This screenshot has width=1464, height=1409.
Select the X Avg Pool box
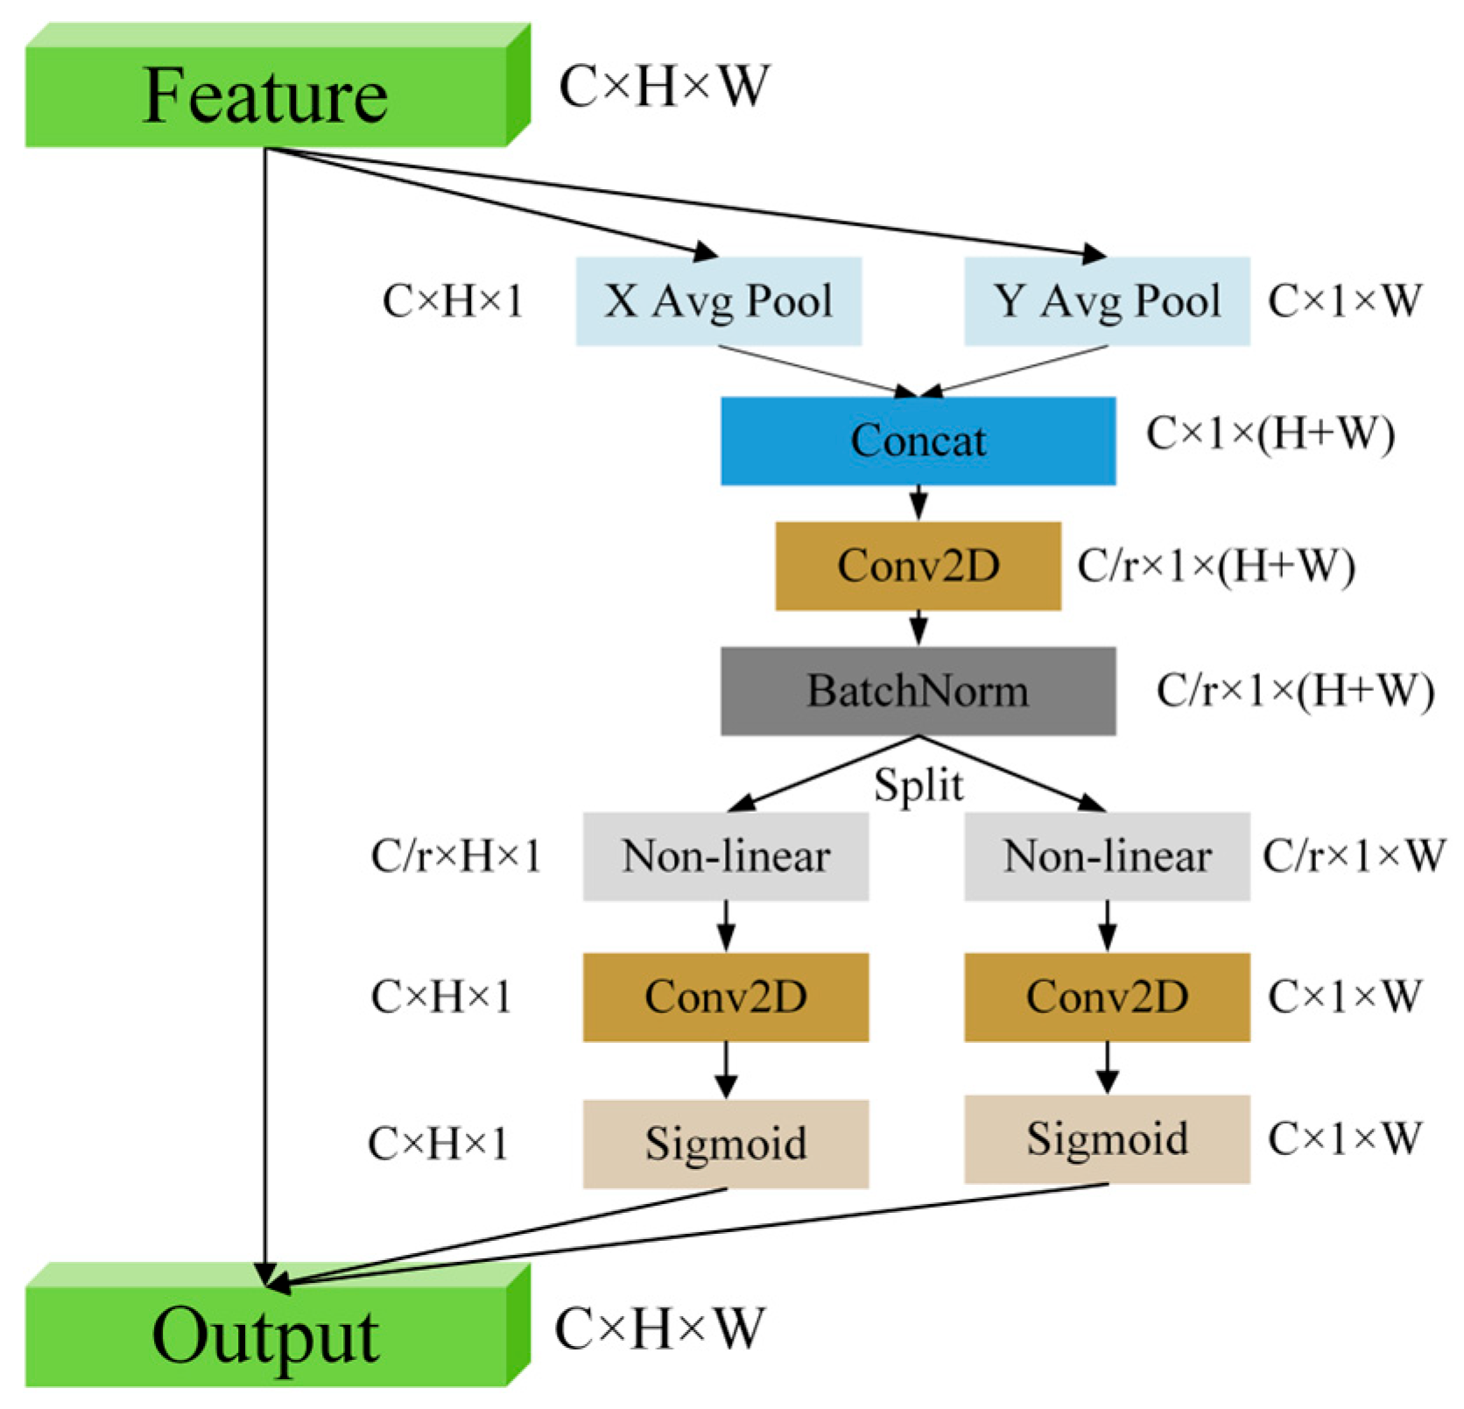click(x=718, y=301)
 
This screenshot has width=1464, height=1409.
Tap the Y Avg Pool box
click(x=1107, y=301)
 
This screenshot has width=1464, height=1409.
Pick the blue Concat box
click(x=918, y=440)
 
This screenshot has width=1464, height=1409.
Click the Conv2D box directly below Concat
click(x=918, y=566)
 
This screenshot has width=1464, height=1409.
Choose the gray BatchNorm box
click(x=918, y=691)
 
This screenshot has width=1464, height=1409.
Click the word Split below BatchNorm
click(x=919, y=785)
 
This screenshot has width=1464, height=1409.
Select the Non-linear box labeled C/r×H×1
click(x=726, y=856)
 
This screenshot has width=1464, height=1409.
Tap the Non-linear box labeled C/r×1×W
click(x=1107, y=856)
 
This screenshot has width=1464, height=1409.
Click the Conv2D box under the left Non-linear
click(x=726, y=997)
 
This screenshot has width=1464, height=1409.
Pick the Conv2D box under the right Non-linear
click(x=1107, y=997)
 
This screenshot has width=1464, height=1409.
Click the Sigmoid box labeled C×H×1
click(x=726, y=1144)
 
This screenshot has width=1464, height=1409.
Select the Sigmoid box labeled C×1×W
click(x=1107, y=1139)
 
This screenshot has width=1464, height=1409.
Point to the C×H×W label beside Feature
click(x=665, y=87)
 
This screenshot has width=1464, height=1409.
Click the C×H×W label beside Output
click(x=659, y=1328)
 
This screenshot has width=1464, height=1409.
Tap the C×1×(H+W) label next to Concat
click(x=1270, y=434)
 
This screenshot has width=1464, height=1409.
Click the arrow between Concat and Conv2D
click(x=918, y=504)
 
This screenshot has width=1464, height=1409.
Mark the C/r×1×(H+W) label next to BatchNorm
click(x=1295, y=691)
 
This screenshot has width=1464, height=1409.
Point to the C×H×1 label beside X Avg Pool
click(x=453, y=301)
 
